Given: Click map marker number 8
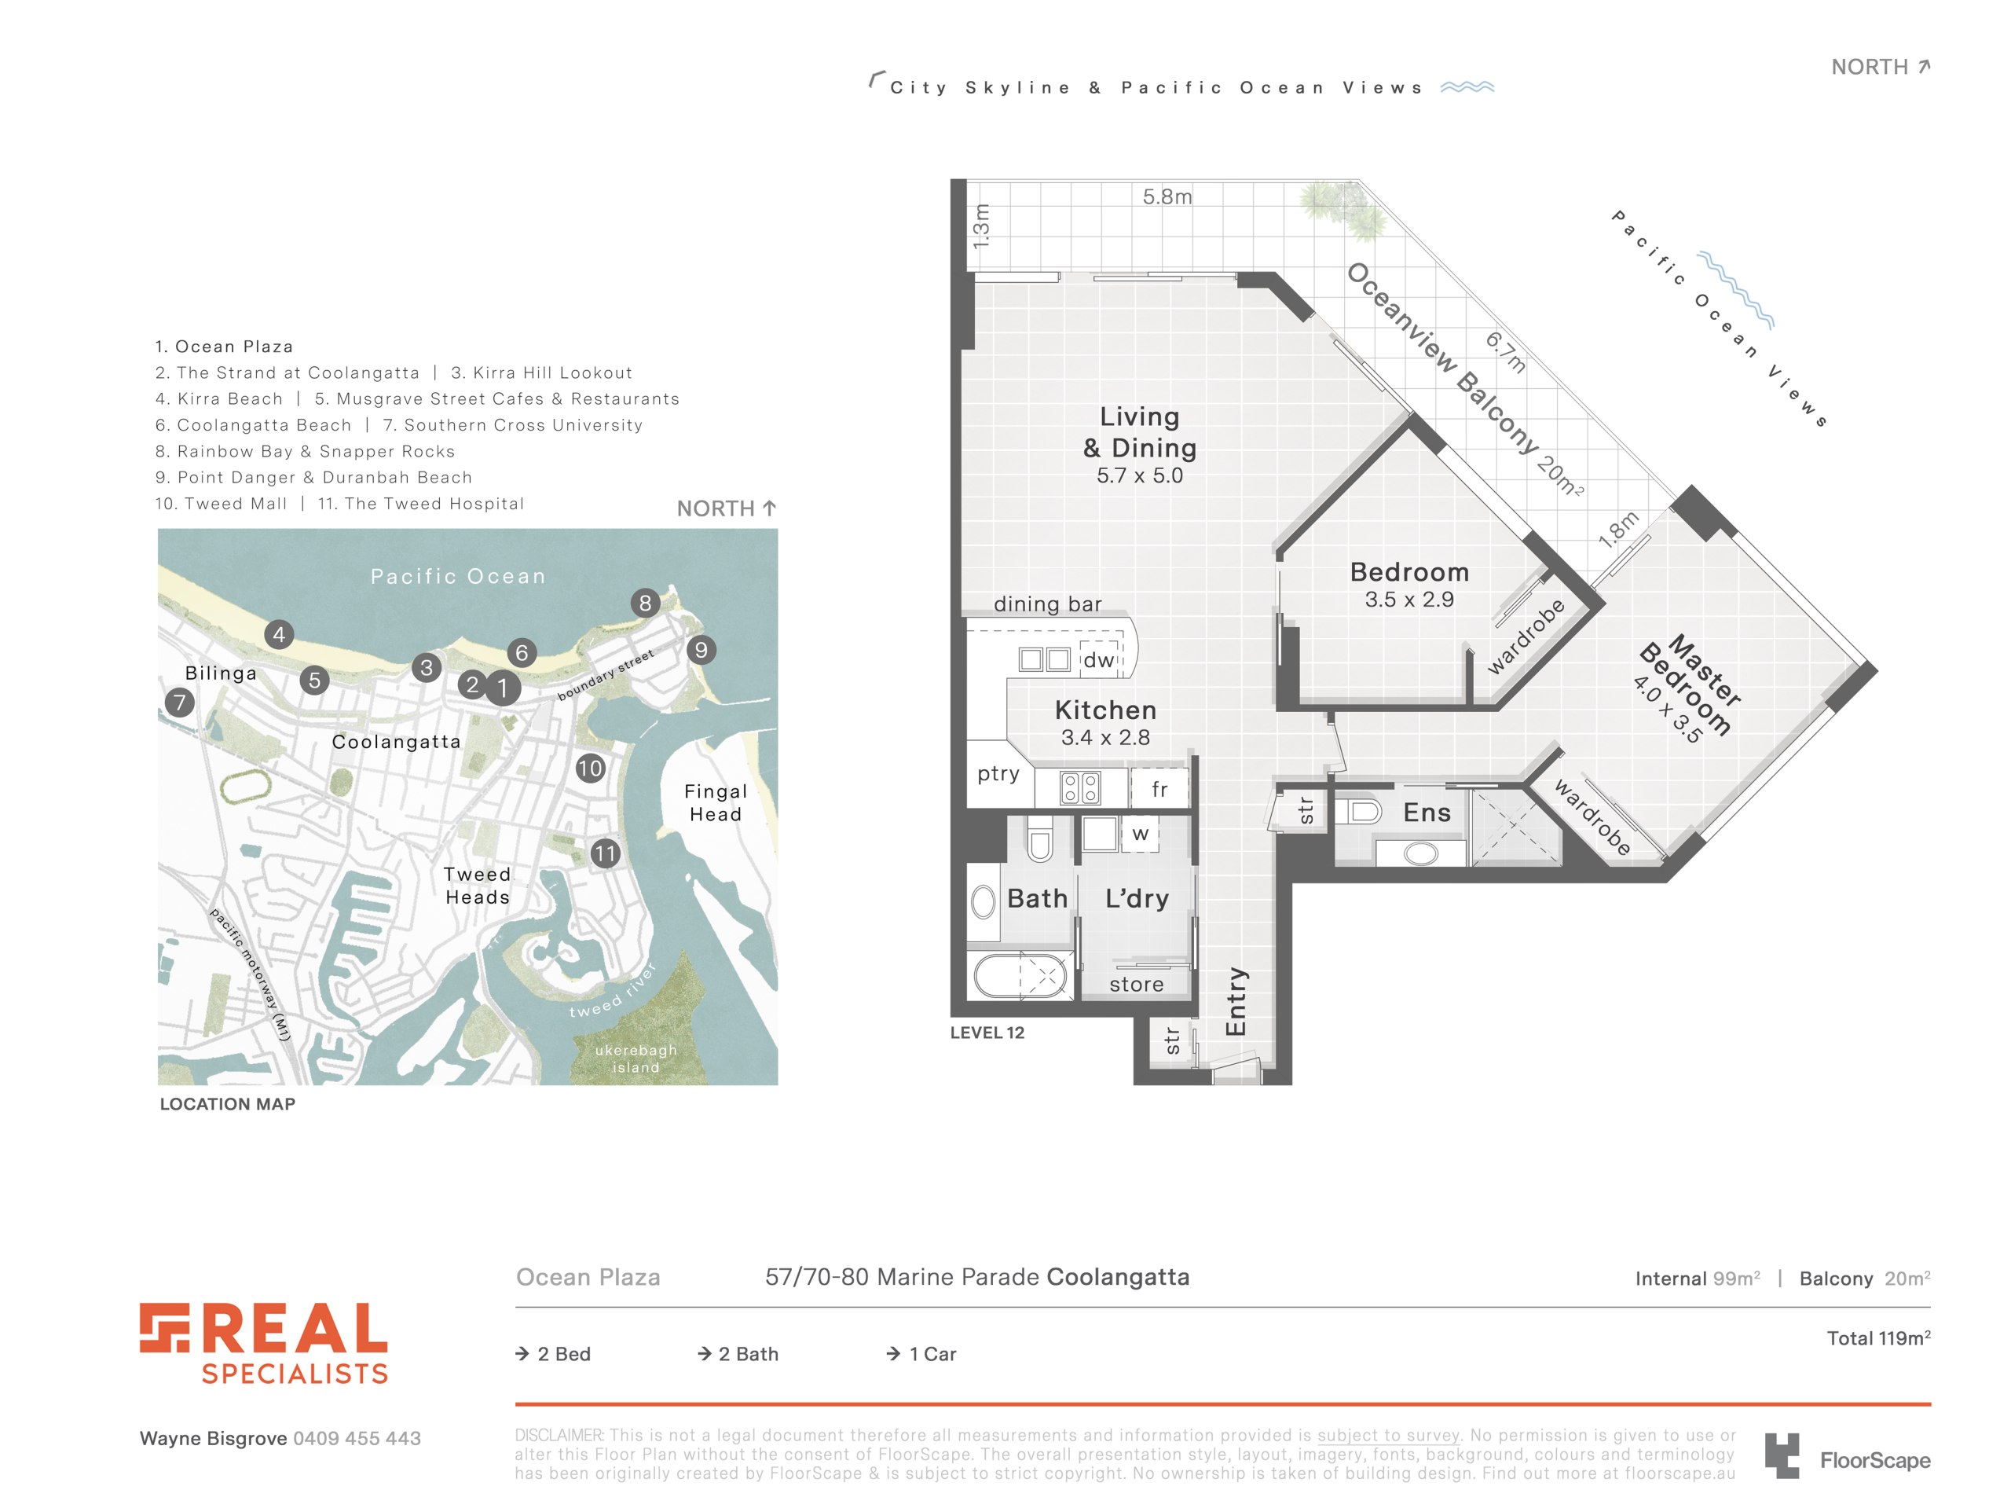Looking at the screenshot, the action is pyautogui.click(x=645, y=602).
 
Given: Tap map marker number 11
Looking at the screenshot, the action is pyautogui.click(x=605, y=853).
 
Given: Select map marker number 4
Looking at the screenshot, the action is pyautogui.click(x=279, y=634).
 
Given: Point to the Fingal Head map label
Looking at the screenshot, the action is pyautogui.click(x=716, y=802).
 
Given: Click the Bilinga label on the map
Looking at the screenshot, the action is pyautogui.click(x=221, y=673).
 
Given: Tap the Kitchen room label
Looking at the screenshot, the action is pyautogui.click(x=1105, y=710).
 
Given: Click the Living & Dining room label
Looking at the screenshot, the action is pyautogui.click(x=1139, y=432).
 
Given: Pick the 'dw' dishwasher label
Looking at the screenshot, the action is pyautogui.click(x=1098, y=659).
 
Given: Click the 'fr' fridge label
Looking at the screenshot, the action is pyautogui.click(x=1159, y=788).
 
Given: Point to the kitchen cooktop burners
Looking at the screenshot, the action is pyautogui.click(x=1080, y=787).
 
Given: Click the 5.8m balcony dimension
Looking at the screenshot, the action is pyautogui.click(x=1167, y=196).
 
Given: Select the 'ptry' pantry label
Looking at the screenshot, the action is pyautogui.click(x=998, y=774).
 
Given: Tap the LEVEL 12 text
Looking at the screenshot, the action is pyautogui.click(x=987, y=1033).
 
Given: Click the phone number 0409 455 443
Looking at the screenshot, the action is pyautogui.click(x=357, y=1438).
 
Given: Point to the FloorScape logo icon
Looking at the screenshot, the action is pyautogui.click(x=1782, y=1455).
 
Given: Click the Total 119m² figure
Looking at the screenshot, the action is pyautogui.click(x=1878, y=1338).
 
